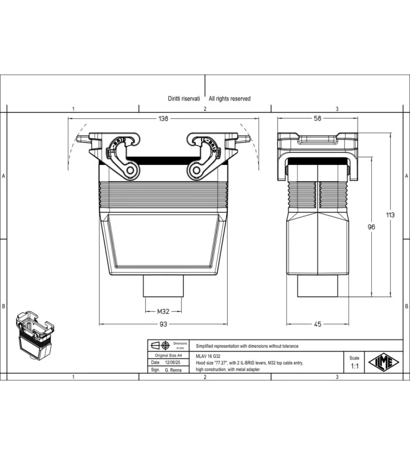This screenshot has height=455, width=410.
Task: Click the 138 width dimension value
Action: (x=163, y=118)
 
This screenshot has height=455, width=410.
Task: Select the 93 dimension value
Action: (x=163, y=324)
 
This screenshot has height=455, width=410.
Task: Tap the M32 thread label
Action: (x=163, y=311)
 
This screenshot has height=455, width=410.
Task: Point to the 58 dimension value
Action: (x=318, y=118)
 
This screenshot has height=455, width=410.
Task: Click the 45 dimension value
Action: (x=318, y=324)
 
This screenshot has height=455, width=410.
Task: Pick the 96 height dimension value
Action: (x=371, y=227)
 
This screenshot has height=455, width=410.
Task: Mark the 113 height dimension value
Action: (x=390, y=215)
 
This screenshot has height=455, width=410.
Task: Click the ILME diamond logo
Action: (x=384, y=362)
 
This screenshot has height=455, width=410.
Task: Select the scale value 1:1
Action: (x=355, y=366)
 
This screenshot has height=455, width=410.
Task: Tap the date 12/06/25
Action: (x=173, y=362)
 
